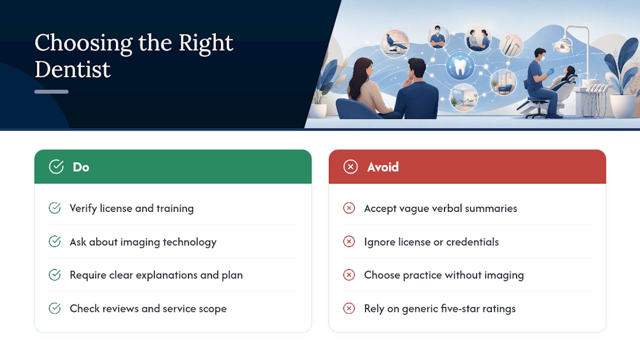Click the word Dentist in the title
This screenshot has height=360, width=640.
pyautogui.click(x=72, y=69)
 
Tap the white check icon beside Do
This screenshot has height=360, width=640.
pyautogui.click(x=56, y=166)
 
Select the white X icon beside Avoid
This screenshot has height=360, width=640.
pyautogui.click(x=350, y=166)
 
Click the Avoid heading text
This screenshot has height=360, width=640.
pyautogui.click(x=383, y=167)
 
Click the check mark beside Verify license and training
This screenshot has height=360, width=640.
pyautogui.click(x=54, y=208)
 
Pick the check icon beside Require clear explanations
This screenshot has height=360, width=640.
pyautogui.click(x=54, y=275)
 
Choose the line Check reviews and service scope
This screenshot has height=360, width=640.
pyautogui.click(x=148, y=308)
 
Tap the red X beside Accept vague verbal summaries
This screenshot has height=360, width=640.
pyautogui.click(x=349, y=208)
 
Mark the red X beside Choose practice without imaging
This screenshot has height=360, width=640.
pyautogui.click(x=349, y=275)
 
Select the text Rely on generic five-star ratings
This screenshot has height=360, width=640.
pyautogui.click(x=440, y=309)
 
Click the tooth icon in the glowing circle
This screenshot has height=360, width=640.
pyautogui.click(x=460, y=67)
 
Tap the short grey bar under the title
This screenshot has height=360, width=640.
pyautogui.click(x=51, y=91)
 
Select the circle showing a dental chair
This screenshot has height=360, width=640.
pyautogui.click(x=395, y=43)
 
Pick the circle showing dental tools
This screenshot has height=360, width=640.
pyautogui.click(x=511, y=45)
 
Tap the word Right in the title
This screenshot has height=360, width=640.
pyautogui.click(x=205, y=43)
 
